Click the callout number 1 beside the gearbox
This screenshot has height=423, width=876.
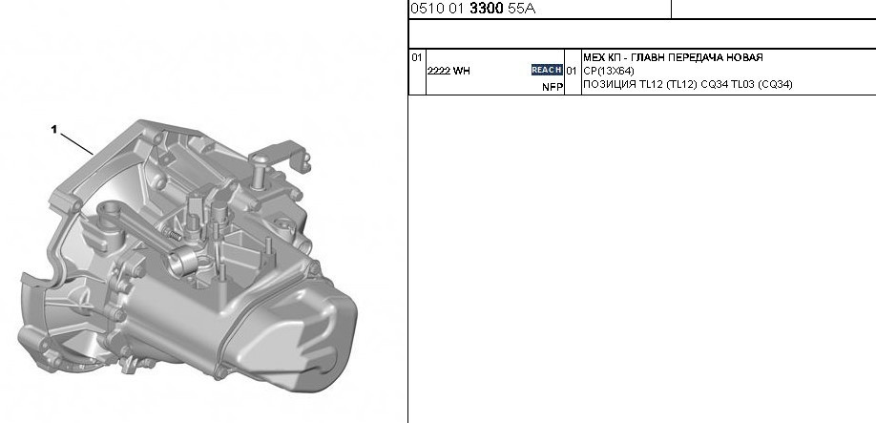[54, 129]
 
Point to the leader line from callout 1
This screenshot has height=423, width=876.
[76, 143]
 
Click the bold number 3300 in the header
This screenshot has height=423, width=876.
[487, 9]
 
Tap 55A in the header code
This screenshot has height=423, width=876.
[521, 9]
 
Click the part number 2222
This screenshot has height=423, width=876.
[439, 71]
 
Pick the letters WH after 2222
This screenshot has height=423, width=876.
[462, 71]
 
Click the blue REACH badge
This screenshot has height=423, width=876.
[547, 70]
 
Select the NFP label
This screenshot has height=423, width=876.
[553, 87]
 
